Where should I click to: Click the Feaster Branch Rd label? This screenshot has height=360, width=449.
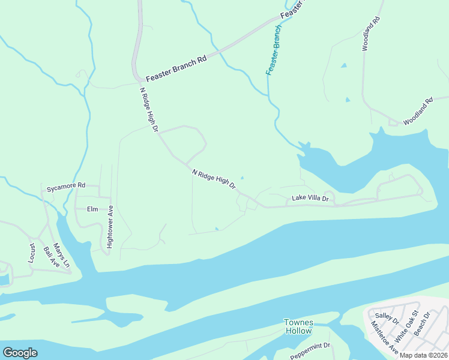(x=176, y=68)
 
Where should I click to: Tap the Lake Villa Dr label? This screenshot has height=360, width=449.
(x=310, y=198)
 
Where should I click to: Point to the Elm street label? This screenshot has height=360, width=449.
(x=92, y=209)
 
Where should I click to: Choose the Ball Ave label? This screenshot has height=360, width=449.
(x=48, y=260)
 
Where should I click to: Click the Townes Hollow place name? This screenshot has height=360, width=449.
(x=298, y=326)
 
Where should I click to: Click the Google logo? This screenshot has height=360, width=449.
(x=20, y=353)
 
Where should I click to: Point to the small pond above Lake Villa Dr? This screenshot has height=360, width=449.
(x=242, y=178)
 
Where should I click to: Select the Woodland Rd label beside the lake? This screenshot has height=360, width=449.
(x=418, y=112)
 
